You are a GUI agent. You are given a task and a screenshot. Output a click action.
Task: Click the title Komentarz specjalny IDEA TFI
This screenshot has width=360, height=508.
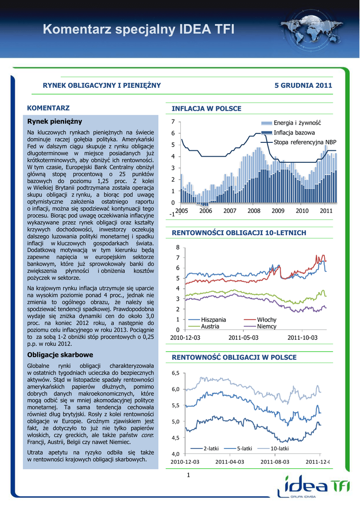[138, 29]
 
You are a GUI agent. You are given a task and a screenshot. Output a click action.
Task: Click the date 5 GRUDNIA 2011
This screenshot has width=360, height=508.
[303, 85]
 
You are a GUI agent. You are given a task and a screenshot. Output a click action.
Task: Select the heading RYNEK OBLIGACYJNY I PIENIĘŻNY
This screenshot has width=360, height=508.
[102, 85]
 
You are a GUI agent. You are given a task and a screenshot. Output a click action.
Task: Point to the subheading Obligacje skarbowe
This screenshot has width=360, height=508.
[60, 355]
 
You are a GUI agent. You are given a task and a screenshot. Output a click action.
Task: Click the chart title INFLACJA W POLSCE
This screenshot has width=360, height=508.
[206, 108]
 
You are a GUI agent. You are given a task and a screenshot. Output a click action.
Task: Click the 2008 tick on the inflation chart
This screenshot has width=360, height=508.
[254, 211]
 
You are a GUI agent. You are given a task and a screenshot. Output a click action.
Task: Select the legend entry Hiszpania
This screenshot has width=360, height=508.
[214, 320]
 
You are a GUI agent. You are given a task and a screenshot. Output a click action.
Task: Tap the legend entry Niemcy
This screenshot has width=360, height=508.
[267, 326]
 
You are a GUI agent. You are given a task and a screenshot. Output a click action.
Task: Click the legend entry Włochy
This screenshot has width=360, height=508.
[267, 320]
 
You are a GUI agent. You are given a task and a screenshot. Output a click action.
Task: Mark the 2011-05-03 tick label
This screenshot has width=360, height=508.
[243, 337]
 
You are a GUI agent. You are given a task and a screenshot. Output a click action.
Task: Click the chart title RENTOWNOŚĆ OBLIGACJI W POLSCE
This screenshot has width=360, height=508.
[234, 357]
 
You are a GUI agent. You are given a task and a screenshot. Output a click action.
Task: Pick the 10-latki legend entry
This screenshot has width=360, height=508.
[280, 448]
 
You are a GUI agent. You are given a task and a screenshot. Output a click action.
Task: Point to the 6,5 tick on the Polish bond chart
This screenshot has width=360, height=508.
[176, 373]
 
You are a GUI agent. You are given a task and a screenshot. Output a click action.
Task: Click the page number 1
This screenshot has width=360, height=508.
[189, 476]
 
